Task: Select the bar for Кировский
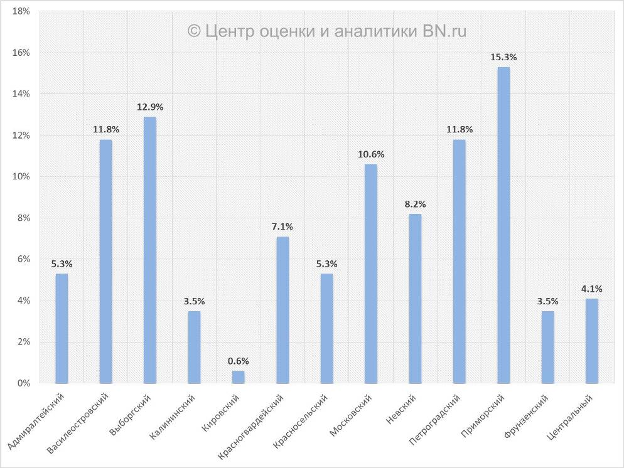tap(239, 376)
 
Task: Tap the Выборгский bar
tap(150, 250)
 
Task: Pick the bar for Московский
tap(371, 274)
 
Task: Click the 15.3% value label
tap(503, 57)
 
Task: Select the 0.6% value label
tap(239, 361)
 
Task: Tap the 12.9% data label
tap(150, 107)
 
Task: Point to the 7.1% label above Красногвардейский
tap(282, 226)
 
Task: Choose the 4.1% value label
tap(592, 289)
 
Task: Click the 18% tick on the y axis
tap(21, 11)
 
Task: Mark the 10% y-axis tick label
tap(21, 177)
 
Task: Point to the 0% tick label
tap(24, 383)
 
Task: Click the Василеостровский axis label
tap(81, 424)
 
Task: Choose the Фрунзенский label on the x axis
tap(528, 418)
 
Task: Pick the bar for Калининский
tap(194, 347)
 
